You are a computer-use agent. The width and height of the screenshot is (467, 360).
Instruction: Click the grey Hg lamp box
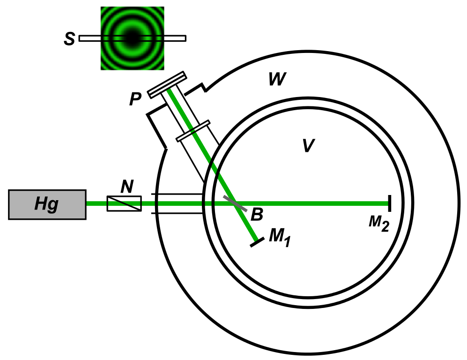pyautogui.click(x=47, y=204)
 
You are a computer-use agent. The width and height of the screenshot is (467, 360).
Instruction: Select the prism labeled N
pyautogui.click(x=124, y=203)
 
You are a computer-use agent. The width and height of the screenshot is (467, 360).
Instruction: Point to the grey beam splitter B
pyautogui.click(x=235, y=202)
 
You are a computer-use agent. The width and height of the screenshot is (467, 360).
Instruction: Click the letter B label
pyautogui.click(x=257, y=214)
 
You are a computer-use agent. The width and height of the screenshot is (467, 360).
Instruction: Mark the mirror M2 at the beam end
pyautogui.click(x=389, y=203)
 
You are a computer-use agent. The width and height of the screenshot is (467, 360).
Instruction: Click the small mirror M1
pyautogui.click(x=256, y=242)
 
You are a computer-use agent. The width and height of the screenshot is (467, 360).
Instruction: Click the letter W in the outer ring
pyautogui.click(x=277, y=80)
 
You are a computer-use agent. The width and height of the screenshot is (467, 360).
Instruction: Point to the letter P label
pyautogui.click(x=135, y=99)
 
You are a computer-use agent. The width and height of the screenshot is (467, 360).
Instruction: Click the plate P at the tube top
pyautogui.click(x=167, y=85)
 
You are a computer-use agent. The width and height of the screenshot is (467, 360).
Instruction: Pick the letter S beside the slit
pyautogui.click(x=69, y=39)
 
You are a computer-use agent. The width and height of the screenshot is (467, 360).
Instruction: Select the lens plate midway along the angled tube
pyautogui.click(x=193, y=131)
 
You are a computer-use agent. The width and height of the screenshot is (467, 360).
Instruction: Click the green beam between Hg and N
pyautogui.click(x=96, y=203)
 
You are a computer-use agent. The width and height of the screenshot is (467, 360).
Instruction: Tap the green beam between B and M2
pyautogui.click(x=319, y=203)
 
